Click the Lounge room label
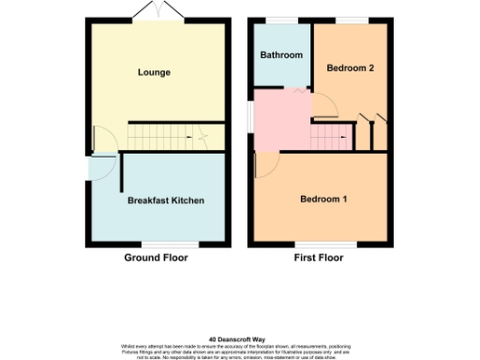(154, 72)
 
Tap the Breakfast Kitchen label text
(165, 201)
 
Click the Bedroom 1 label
(323, 200)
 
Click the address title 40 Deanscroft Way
(240, 339)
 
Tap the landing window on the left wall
(249, 116)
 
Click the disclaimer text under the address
(240, 349)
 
